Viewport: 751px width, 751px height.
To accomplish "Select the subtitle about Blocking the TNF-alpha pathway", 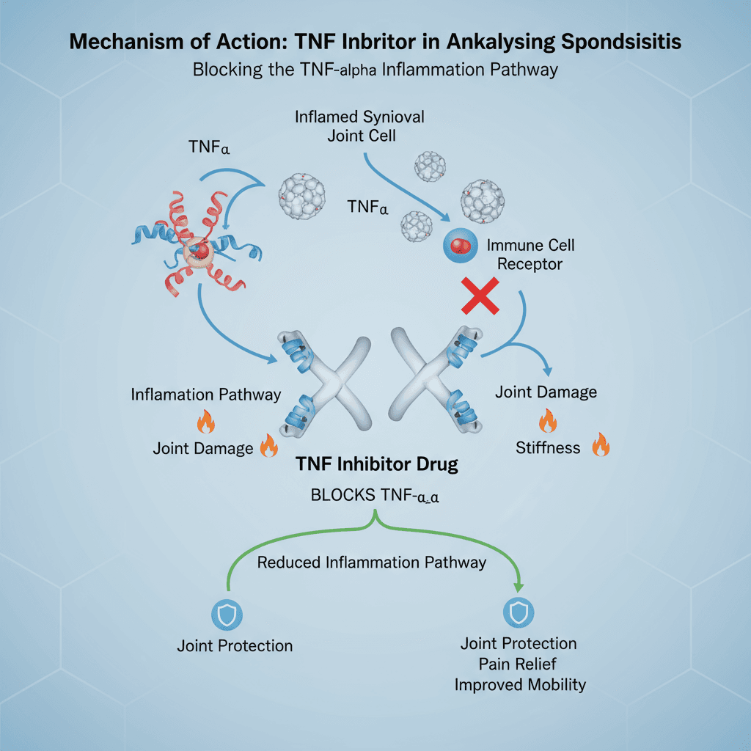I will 375,70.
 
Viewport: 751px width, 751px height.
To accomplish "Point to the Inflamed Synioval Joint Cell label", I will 359,125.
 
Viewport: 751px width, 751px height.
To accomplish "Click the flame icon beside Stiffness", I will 601,444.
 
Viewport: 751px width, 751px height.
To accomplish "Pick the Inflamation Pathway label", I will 206,394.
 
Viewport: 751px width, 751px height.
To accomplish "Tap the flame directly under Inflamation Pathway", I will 205,422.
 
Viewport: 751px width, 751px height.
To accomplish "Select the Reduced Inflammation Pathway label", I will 372,563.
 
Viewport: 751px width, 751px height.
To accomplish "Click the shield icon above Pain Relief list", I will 518,611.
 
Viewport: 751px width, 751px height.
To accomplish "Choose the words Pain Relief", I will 519,664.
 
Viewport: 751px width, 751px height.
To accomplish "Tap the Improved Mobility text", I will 520,684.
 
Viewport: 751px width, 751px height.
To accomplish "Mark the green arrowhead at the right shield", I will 519,587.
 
